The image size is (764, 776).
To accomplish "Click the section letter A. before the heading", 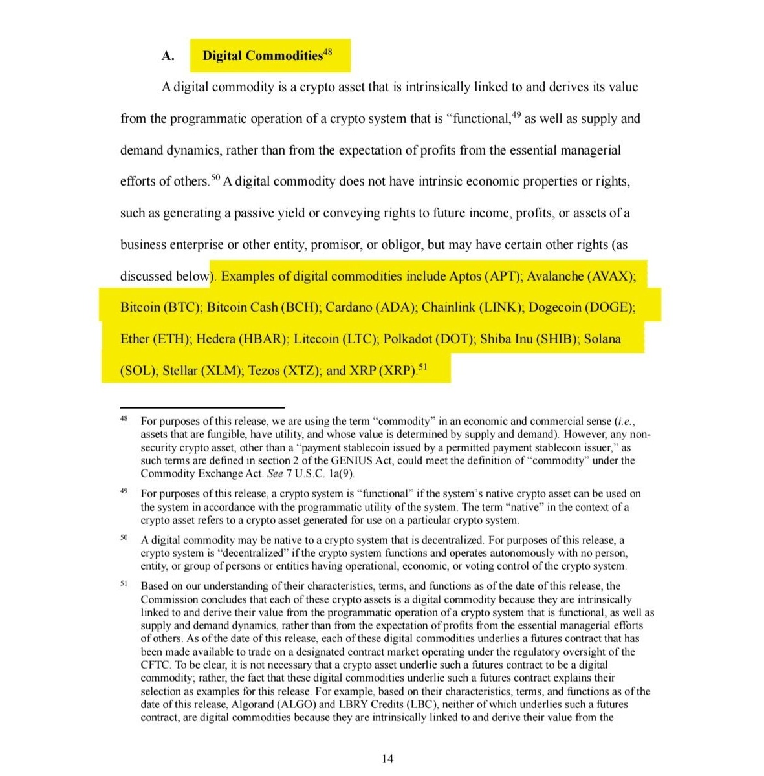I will pyautogui.click(x=168, y=56).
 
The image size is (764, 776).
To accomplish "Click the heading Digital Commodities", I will pyautogui.click(x=262, y=56).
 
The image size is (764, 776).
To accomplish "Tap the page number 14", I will pyautogui.click(x=387, y=759).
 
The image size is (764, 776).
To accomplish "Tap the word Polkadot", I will pyautogui.click(x=408, y=339).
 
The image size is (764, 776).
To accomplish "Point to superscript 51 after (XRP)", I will pyautogui.click(x=423, y=367).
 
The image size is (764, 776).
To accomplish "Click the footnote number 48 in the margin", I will pyautogui.click(x=124, y=419).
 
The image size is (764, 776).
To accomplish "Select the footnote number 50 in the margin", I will pyautogui.click(x=124, y=538).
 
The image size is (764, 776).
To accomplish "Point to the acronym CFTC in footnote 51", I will pyautogui.click(x=155, y=665).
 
